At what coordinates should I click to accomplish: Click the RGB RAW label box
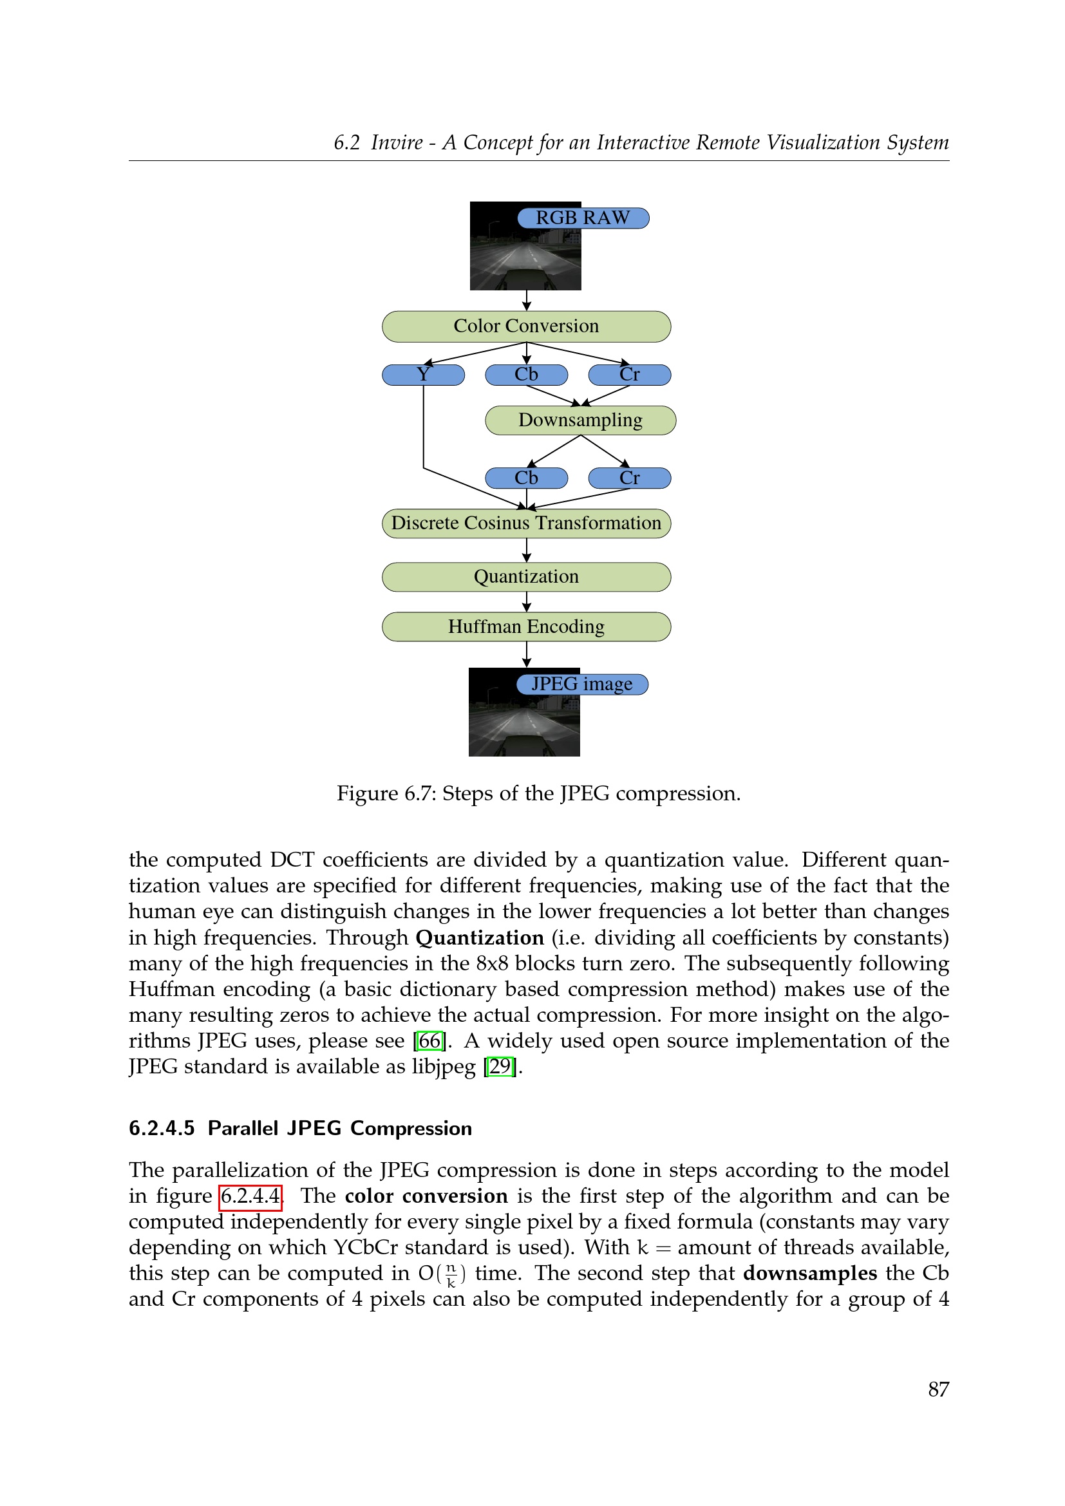pos(582,218)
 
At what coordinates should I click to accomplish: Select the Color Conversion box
pos(526,326)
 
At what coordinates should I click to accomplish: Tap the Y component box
pos(423,375)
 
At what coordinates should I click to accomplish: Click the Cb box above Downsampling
pos(526,375)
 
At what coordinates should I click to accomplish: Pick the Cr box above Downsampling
pos(630,375)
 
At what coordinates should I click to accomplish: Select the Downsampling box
pos(580,420)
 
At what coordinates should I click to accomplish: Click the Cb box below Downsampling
pos(526,478)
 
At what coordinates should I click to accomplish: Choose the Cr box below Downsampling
pos(630,478)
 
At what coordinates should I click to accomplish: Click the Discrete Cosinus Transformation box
pos(526,523)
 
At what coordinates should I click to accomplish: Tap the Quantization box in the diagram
pos(526,577)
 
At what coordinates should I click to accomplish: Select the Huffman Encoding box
pos(526,627)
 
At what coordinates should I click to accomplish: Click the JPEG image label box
pos(581,684)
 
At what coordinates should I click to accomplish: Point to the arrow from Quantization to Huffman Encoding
pos(527,601)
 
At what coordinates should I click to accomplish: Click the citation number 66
pos(429,1041)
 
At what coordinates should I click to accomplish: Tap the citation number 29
pos(500,1066)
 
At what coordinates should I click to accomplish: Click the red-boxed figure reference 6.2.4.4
pos(250,1196)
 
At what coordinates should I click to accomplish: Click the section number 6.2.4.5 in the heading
pos(162,1128)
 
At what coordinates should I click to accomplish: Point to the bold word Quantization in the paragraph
pos(480,938)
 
